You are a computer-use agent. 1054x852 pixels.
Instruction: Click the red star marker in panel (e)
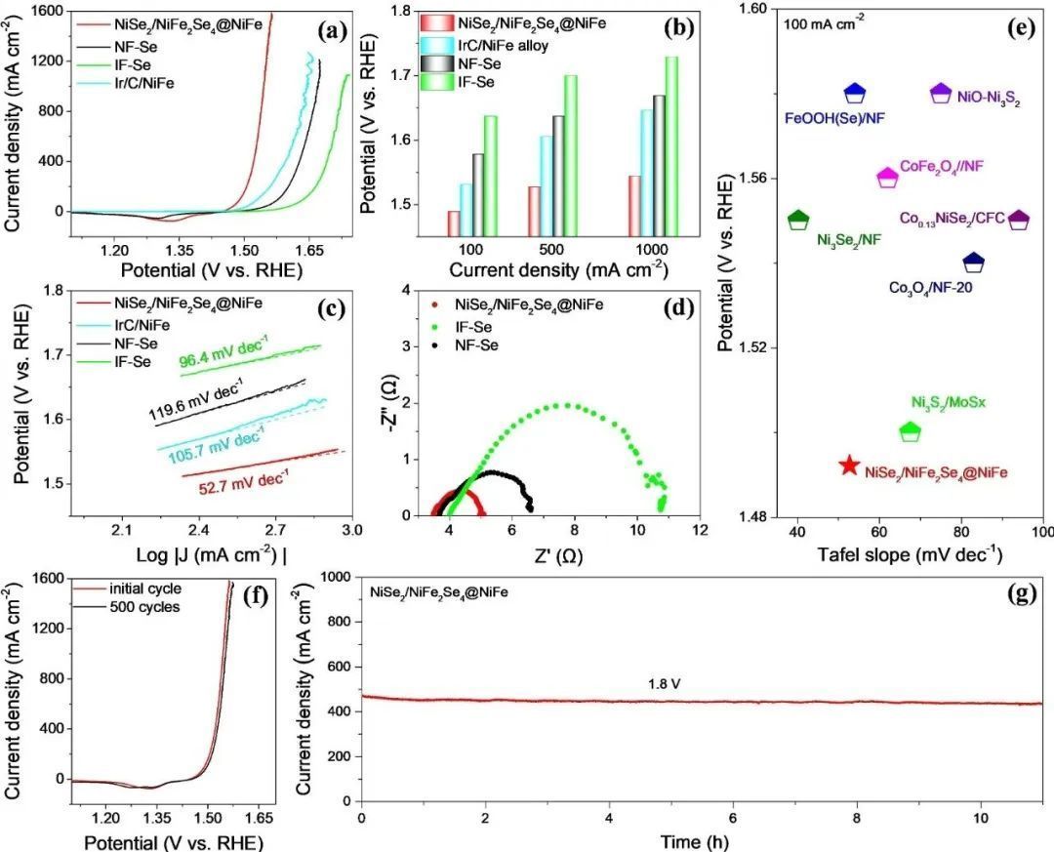click(850, 466)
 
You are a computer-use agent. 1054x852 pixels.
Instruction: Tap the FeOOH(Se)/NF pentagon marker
click(855, 93)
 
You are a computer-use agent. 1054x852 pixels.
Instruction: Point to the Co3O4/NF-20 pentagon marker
click(974, 263)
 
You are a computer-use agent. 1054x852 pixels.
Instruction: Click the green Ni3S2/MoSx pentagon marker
click(910, 429)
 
